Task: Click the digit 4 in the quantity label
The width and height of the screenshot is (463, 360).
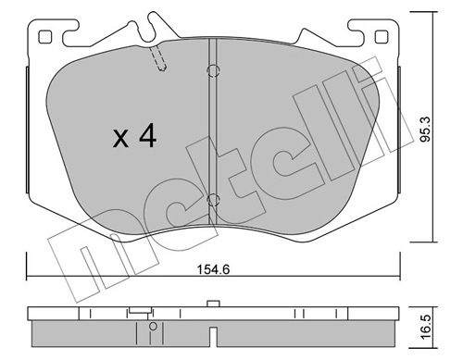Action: point(146,137)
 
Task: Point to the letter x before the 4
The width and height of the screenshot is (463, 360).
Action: point(119,140)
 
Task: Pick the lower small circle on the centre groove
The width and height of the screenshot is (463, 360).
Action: point(212,199)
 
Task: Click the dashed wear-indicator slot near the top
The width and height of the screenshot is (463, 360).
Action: point(159,61)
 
